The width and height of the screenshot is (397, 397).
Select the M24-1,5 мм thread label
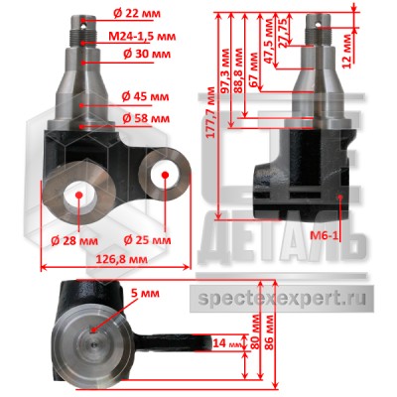click(x=142, y=36)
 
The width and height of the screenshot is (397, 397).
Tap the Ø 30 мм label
click(x=147, y=54)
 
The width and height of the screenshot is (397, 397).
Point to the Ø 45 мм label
click(x=145, y=96)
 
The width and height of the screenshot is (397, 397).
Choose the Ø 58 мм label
click(x=146, y=118)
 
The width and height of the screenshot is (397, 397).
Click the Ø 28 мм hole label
click(x=74, y=241)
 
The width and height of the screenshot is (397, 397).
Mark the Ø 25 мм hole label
click(x=147, y=240)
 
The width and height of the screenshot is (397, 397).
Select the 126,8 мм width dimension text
click(x=121, y=259)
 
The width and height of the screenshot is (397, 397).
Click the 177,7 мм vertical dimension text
click(x=210, y=112)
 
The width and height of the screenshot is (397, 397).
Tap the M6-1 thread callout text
click(x=325, y=235)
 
